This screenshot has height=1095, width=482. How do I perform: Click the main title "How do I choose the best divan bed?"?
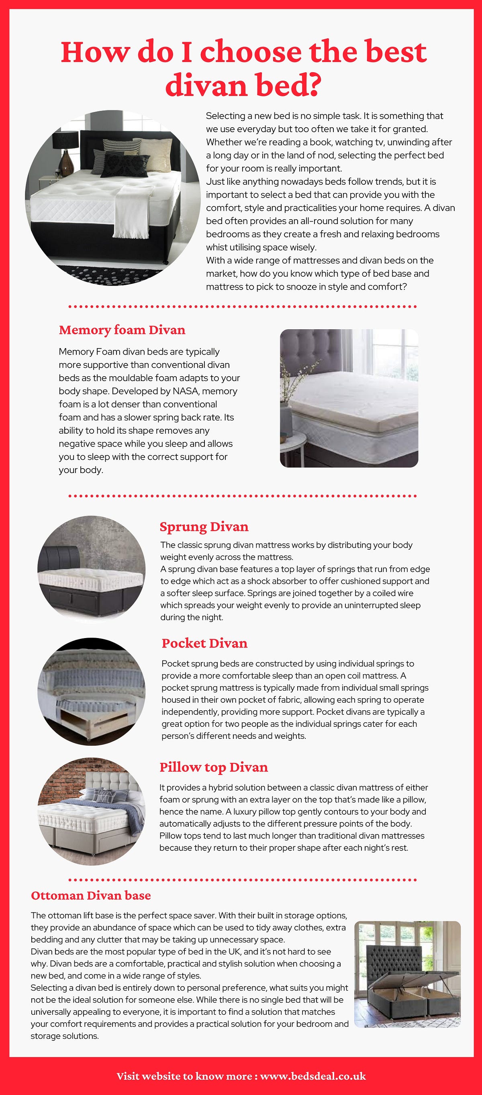point(243,68)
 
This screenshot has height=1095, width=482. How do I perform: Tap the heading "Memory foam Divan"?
point(122,330)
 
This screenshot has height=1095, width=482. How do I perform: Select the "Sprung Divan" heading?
point(204,527)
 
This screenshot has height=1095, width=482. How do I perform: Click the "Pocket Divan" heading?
point(204,643)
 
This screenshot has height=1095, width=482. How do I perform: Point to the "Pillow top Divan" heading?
point(213,767)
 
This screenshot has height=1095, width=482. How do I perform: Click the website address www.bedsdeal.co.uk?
point(313,1076)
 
